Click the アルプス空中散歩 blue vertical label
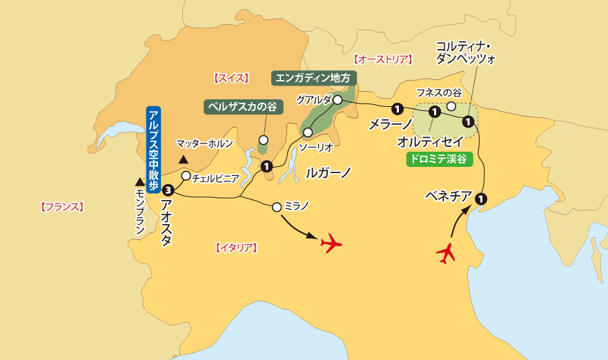[x=153, y=146]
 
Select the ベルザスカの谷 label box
[x=244, y=107]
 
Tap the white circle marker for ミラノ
[x=277, y=206]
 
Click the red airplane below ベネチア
[x=447, y=253]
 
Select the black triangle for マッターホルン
[x=184, y=160]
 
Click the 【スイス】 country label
[x=231, y=78]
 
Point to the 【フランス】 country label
[x=61, y=206]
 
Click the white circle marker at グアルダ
[x=337, y=100]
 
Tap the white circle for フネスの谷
[x=451, y=106]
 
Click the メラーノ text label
[x=391, y=125]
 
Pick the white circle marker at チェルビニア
[x=186, y=176]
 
